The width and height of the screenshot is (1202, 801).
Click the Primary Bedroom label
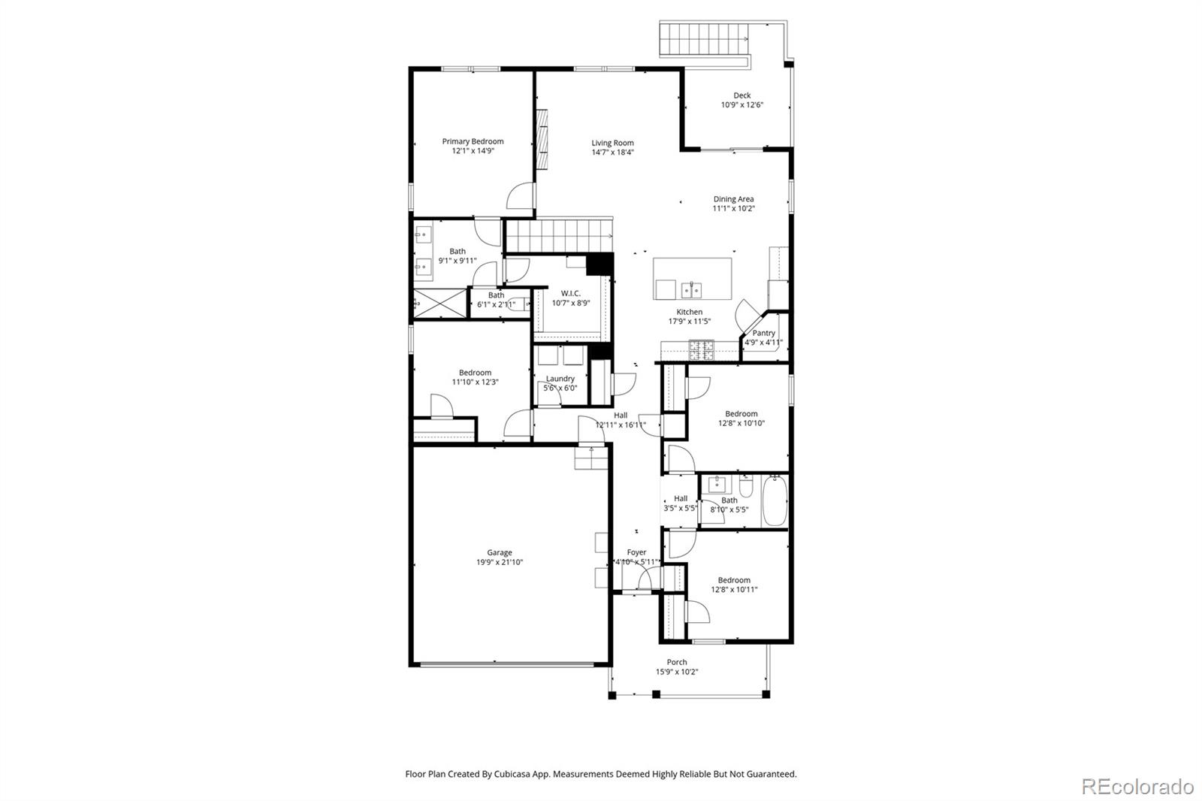[473, 141]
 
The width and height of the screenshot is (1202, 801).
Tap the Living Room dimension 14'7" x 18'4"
[612, 153]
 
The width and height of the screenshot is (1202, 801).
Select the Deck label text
[741, 95]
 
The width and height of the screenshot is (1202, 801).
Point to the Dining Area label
[733, 199]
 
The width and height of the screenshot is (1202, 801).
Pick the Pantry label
[763, 333]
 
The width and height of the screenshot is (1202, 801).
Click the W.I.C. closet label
[570, 293]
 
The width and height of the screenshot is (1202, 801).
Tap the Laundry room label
[560, 379]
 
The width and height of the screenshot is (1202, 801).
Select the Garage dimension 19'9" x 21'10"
[499, 562]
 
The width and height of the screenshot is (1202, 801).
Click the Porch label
[676, 662]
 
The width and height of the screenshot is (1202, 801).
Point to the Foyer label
[636, 552]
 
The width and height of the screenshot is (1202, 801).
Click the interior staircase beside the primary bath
[559, 235]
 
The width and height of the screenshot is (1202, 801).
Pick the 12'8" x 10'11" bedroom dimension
[734, 590]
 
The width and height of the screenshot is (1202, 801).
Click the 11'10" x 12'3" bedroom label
[475, 373]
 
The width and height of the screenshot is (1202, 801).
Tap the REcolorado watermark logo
[1137, 787]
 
